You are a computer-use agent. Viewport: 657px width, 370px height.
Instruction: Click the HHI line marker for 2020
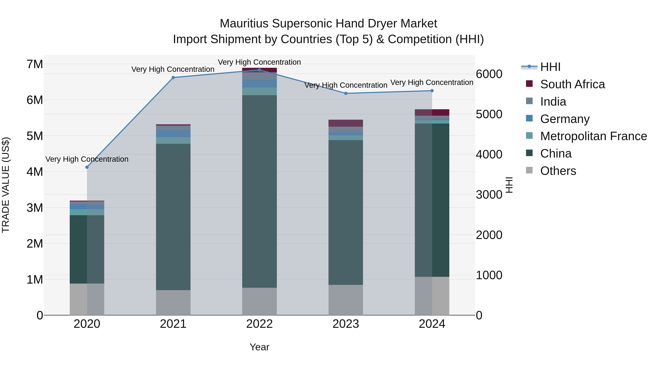[87, 167]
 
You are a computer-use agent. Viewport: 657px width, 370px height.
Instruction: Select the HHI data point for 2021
[173, 78]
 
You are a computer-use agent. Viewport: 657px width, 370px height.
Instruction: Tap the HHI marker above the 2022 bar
[259, 70]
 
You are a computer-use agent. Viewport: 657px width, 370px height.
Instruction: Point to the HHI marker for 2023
[346, 93]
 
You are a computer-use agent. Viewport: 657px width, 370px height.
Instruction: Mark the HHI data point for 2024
[432, 91]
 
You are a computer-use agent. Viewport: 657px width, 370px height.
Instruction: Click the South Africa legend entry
[572, 84]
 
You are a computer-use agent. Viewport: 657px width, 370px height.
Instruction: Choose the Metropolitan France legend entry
[593, 136]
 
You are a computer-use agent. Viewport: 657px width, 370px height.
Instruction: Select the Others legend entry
[558, 171]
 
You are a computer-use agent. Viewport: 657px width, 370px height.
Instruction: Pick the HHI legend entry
[550, 67]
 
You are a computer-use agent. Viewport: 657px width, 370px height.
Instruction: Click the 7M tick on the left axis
[35, 64]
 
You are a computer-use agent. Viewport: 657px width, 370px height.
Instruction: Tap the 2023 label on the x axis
[346, 324]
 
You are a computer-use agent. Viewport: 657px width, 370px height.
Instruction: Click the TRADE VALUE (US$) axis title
[6, 185]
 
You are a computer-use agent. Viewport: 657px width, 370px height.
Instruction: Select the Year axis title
[259, 347]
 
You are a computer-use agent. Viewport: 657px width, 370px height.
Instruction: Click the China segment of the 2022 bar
[259, 191]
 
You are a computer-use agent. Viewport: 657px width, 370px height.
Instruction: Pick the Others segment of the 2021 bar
[173, 302]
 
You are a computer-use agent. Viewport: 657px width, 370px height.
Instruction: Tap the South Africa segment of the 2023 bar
[346, 123]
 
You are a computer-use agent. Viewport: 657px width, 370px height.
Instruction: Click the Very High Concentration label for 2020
[87, 159]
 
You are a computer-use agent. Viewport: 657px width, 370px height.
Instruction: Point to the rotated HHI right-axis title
[509, 185]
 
